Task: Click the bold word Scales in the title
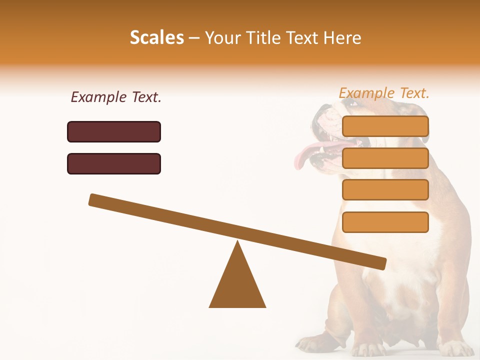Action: (157, 38)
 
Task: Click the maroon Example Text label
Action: (116, 97)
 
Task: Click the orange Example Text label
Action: (384, 93)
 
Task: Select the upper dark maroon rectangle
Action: (114, 131)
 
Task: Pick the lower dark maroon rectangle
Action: (114, 163)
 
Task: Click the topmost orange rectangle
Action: (385, 126)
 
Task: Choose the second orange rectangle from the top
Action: (385, 158)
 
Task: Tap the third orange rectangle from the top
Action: (385, 189)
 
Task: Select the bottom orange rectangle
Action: (385, 222)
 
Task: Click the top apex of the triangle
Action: (237, 242)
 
